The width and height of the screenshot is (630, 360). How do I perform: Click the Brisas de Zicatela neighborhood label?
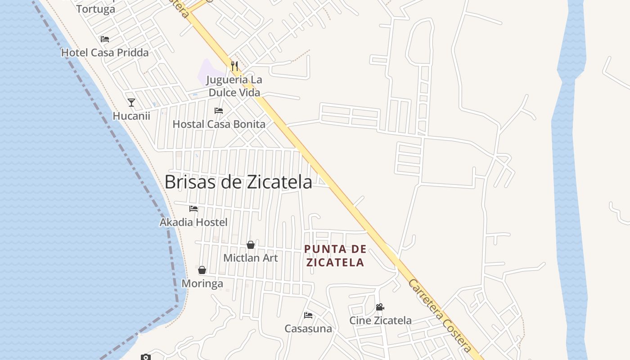(238, 182)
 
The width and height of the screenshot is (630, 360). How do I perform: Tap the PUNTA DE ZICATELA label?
(335, 256)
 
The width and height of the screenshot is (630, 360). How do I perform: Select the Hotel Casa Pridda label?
(105, 53)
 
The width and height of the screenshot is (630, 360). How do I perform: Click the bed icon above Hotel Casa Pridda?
(105, 39)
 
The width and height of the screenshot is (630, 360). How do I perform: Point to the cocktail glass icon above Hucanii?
(131, 103)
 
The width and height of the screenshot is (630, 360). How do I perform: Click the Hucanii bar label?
(131, 116)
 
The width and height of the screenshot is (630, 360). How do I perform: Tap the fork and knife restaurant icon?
(234, 66)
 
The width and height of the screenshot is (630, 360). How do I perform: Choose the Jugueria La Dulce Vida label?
(234, 86)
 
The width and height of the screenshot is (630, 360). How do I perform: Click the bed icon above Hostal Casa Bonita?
(219, 110)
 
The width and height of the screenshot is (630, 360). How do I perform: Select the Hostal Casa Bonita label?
(219, 124)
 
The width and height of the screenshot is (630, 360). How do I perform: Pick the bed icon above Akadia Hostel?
(193, 208)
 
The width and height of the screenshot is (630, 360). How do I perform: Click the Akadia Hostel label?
(193, 222)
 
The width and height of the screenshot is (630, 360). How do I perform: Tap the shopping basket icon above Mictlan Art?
(251, 245)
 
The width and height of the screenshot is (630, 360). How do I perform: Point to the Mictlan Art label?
(251, 258)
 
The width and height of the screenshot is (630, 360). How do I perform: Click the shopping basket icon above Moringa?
(202, 270)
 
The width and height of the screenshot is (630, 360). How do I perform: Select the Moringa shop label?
(202, 284)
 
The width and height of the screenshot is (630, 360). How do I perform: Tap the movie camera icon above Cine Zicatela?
(380, 307)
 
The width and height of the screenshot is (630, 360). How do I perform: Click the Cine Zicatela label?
(381, 320)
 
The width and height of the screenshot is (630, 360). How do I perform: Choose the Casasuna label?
(308, 329)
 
